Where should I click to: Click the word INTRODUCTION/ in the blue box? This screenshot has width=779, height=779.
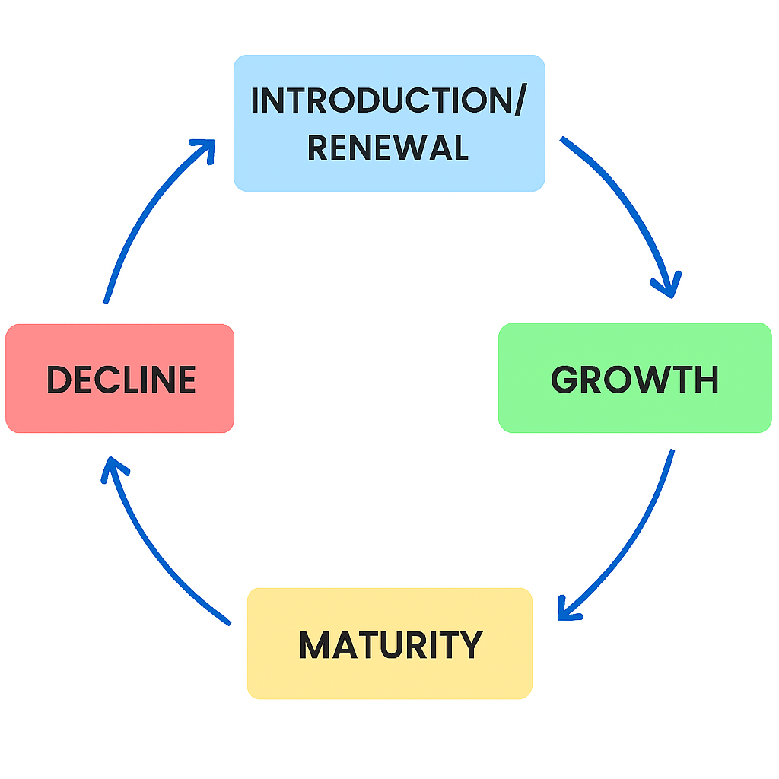coord(386,102)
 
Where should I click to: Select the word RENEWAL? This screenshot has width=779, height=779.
coord(388,148)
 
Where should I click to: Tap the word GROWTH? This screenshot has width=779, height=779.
coord(635,380)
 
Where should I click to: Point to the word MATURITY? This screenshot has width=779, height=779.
coord(390,645)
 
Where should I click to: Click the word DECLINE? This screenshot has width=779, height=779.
coord(121,380)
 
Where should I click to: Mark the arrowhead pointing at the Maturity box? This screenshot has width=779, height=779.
coord(568,609)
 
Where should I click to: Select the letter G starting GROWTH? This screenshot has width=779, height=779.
coord(564,380)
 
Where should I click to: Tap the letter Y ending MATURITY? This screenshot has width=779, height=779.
coord(471,645)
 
